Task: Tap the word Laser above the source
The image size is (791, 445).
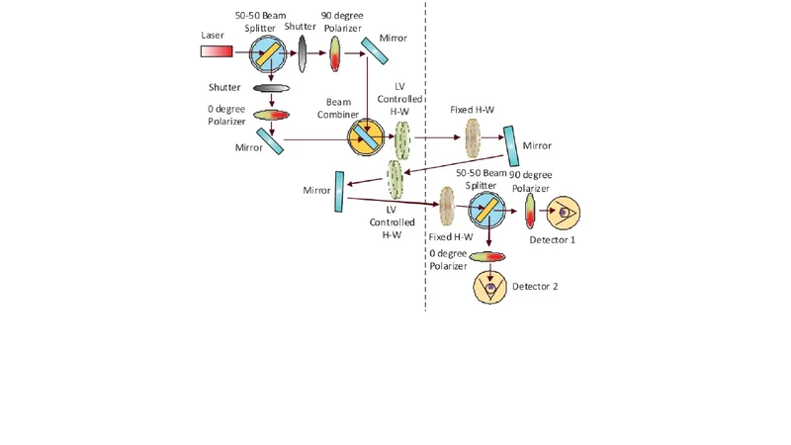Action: (x=212, y=36)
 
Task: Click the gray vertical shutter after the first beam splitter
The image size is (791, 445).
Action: (x=303, y=52)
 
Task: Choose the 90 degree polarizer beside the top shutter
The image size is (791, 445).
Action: (x=335, y=52)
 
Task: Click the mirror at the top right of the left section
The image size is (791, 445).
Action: (x=374, y=47)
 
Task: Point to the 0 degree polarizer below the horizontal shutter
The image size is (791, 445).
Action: (x=271, y=115)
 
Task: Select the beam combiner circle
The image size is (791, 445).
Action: (x=365, y=137)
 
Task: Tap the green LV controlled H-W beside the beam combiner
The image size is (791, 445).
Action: (x=401, y=139)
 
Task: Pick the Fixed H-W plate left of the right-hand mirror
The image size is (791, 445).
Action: (x=471, y=138)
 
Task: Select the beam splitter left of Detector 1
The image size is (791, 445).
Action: (x=484, y=208)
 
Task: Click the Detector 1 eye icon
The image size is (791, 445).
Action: (x=565, y=211)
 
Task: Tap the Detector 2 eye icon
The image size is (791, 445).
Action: (x=489, y=288)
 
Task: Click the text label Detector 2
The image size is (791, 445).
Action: (x=535, y=287)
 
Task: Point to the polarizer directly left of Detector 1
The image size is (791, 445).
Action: (x=530, y=210)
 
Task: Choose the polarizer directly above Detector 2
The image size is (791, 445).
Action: (x=488, y=257)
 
